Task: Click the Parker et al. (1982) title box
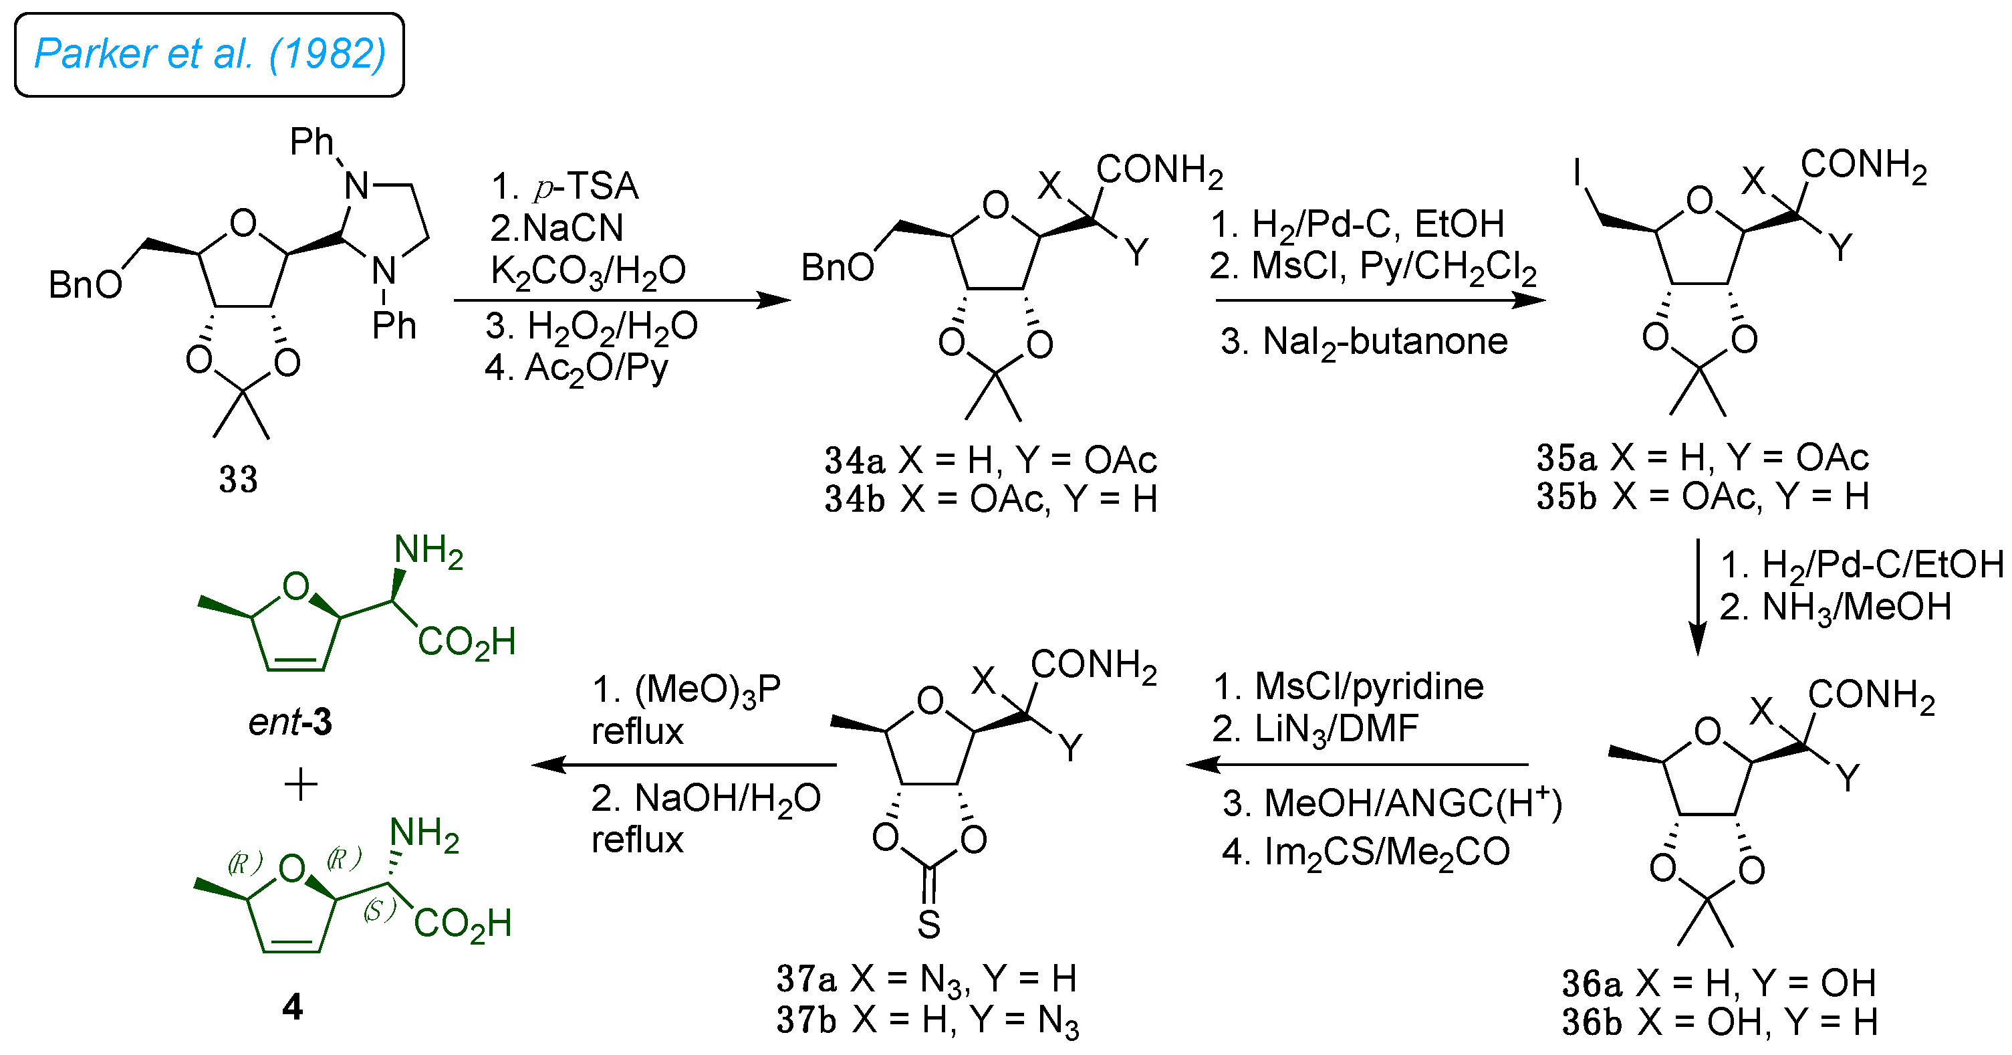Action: [209, 55]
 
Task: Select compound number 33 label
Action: [237, 479]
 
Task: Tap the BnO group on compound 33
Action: [85, 285]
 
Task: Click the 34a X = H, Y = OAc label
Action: [991, 460]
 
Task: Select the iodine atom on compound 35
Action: [1578, 173]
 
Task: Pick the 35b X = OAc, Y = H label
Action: [1703, 496]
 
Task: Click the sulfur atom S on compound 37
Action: [928, 925]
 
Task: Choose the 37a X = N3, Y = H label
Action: [927, 979]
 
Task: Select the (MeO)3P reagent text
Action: [686, 690]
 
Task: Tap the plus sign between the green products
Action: [301, 784]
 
